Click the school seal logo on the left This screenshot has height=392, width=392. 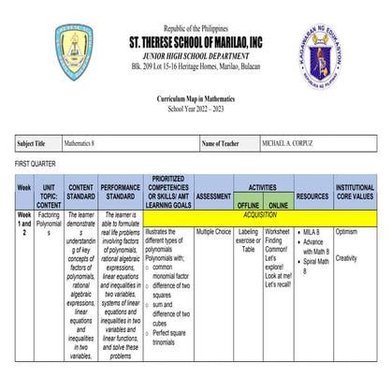[74, 51]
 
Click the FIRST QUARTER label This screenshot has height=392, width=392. [36, 165]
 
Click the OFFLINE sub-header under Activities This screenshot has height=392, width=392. [248, 204]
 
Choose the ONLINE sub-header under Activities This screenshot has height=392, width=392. [278, 204]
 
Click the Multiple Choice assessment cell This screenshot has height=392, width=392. [213, 229]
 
